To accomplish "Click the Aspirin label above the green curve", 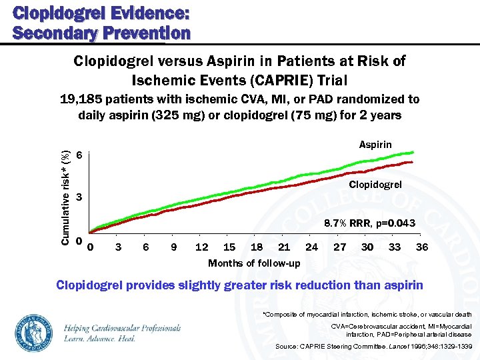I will [375, 145].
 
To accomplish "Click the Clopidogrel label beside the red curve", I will [375, 185].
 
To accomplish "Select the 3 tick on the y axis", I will [79, 197].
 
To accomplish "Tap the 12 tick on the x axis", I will [201, 247].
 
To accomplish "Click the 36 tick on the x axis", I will [421, 247].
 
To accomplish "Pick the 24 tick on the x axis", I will [311, 247].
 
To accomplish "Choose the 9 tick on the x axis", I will [173, 247].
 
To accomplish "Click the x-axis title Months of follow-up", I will [254, 263].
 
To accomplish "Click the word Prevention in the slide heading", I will [146, 32].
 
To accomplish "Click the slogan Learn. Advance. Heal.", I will [100, 338].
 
